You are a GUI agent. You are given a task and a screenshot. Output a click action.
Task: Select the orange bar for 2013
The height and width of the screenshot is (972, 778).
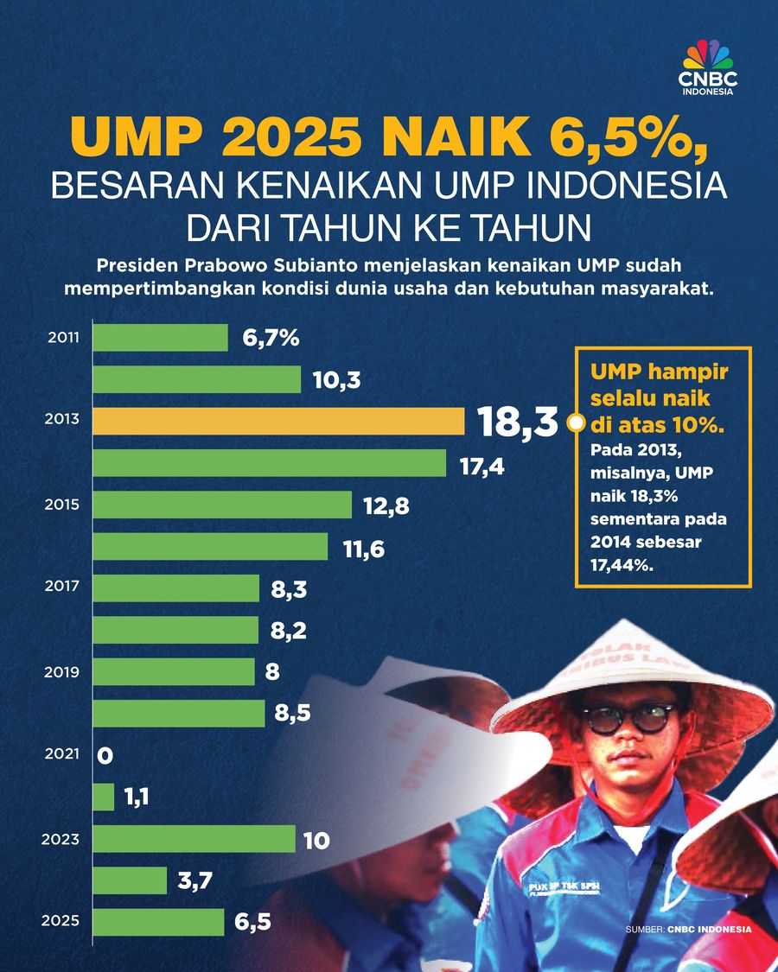278,421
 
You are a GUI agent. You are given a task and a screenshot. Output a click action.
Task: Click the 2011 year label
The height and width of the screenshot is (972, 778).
62,338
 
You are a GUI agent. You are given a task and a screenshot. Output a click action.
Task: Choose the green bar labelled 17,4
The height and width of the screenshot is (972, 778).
269,462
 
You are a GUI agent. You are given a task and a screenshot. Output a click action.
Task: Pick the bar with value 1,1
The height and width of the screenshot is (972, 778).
104,797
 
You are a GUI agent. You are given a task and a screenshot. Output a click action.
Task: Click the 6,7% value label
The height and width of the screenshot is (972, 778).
271,338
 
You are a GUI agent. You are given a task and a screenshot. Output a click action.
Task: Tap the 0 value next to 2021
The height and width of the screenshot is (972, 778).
105,756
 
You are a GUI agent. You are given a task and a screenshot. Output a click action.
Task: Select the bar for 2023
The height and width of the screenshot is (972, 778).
194,838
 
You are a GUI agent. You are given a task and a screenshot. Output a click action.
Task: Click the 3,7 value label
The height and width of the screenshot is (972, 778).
194,880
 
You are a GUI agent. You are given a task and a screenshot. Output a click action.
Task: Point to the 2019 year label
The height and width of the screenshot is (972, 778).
62,671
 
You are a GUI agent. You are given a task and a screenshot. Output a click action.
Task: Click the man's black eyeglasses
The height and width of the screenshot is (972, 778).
628,717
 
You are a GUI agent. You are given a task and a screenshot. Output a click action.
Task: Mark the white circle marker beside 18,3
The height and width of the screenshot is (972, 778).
572,423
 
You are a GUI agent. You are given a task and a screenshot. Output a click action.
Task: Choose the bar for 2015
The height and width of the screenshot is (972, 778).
222,505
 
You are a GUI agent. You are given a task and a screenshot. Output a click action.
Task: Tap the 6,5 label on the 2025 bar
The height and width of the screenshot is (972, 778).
252,922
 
